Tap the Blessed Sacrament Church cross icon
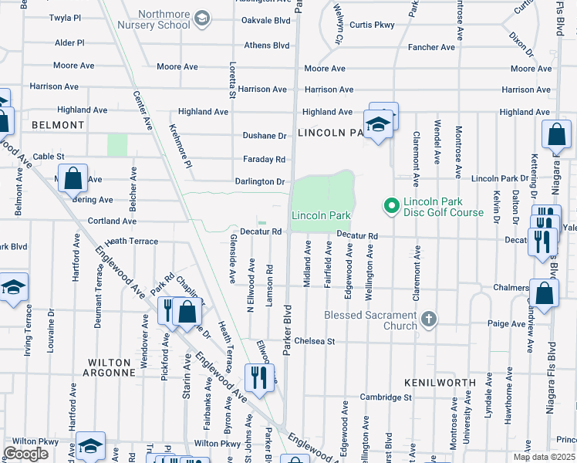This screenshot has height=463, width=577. pyautogui.click(x=430, y=319)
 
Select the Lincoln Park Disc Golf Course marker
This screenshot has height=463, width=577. pyautogui.click(x=391, y=205)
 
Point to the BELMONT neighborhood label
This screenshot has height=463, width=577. pyautogui.click(x=58, y=125)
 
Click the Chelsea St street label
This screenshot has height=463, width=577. pyautogui.click(x=309, y=341)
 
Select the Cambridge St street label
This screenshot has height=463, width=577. pyautogui.click(x=386, y=397)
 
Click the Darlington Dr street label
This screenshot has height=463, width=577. pyautogui.click(x=260, y=182)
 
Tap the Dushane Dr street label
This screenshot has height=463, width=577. pyautogui.click(x=265, y=136)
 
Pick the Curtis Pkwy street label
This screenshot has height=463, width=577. pyautogui.click(x=372, y=25)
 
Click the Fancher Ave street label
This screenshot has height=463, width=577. pyautogui.click(x=431, y=48)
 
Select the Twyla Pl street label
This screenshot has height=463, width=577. pyautogui.click(x=64, y=17)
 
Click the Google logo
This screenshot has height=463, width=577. pyautogui.click(x=26, y=453)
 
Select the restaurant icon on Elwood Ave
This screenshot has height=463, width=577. pyautogui.click(x=257, y=377)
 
